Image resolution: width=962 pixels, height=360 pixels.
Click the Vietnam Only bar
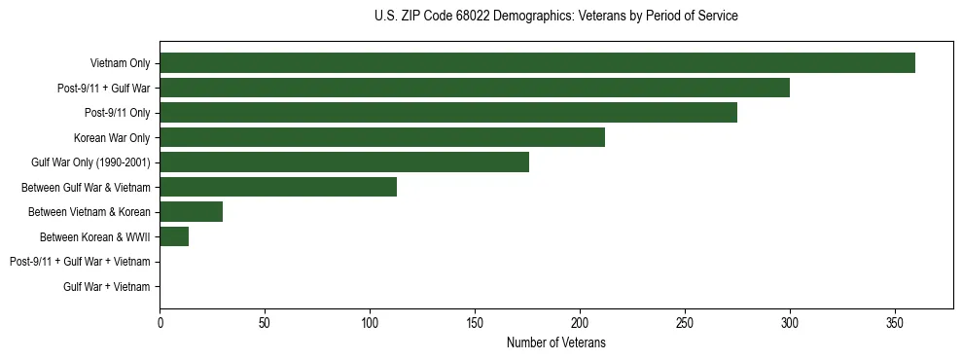(x=537, y=63)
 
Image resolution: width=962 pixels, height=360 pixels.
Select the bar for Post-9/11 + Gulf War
(x=475, y=89)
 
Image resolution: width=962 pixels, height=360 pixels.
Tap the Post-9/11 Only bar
(x=448, y=113)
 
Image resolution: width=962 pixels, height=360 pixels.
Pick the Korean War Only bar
(x=382, y=138)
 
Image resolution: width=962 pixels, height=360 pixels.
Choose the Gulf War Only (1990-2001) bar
(x=344, y=162)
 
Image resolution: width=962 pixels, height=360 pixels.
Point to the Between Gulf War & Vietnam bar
(x=278, y=187)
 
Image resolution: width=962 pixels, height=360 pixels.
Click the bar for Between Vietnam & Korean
(x=192, y=212)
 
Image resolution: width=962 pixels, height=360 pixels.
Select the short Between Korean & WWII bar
(x=174, y=236)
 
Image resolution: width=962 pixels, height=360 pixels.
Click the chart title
(x=555, y=17)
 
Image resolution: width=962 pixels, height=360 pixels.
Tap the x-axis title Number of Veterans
(x=555, y=342)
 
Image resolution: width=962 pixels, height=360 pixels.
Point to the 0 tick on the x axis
(x=160, y=323)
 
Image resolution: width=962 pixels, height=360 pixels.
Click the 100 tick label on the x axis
(x=370, y=323)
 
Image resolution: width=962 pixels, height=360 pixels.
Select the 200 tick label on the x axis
(x=580, y=323)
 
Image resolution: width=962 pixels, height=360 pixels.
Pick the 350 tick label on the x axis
(x=895, y=323)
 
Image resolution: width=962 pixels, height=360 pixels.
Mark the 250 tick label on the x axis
(x=685, y=323)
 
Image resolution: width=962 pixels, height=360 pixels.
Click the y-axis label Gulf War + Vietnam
(x=107, y=286)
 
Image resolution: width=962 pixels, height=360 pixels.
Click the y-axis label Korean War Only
(x=112, y=138)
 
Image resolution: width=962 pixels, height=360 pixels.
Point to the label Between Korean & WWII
(x=94, y=237)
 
